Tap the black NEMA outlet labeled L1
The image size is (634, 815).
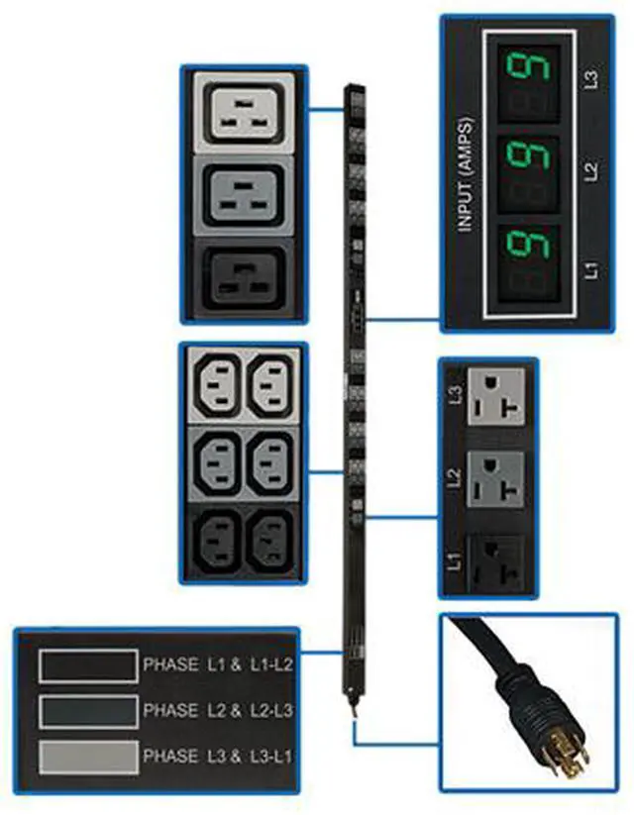point(497,561)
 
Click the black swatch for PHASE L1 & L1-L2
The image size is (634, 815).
point(87,665)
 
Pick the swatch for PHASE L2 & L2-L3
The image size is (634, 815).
point(87,710)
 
